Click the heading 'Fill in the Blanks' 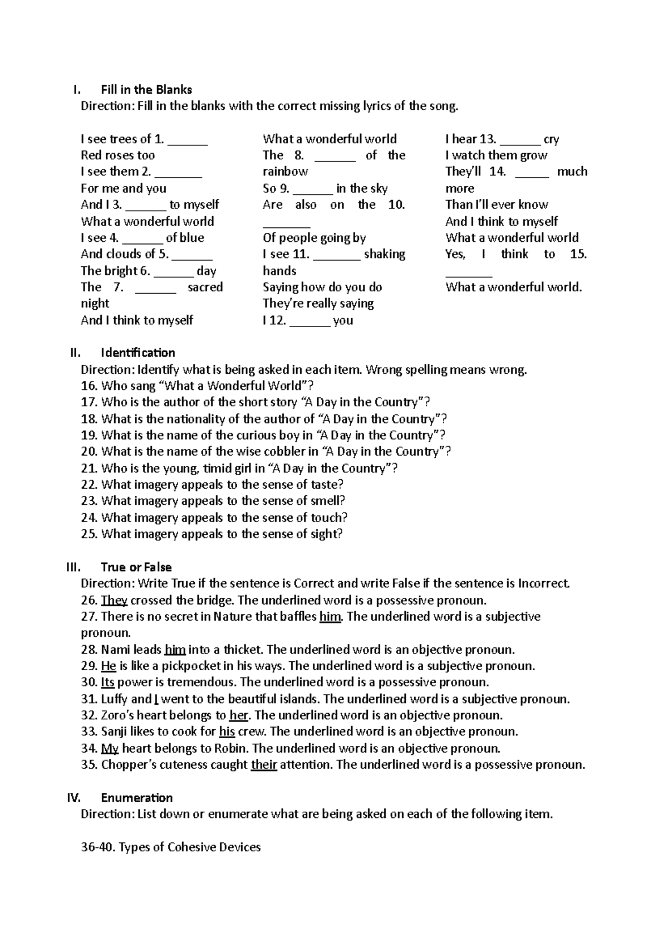[146, 90]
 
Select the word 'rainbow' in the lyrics [285, 172]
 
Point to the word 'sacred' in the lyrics [205, 287]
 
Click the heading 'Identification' [137, 353]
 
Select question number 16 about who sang [197, 386]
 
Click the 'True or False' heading [136, 567]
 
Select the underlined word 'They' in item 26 [114, 601]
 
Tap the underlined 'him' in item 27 [330, 617]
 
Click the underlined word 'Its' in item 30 [107, 682]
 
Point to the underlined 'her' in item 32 [239, 715]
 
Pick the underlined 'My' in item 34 [110, 748]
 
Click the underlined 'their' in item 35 [264, 765]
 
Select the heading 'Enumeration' [136, 798]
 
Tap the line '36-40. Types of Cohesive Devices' [170, 847]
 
